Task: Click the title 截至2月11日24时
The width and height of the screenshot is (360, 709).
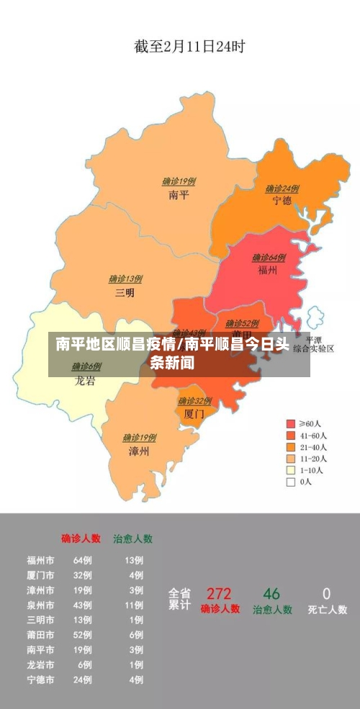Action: tap(189, 47)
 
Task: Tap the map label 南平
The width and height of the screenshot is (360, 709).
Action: tap(179, 195)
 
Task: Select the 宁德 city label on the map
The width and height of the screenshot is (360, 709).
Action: tap(282, 201)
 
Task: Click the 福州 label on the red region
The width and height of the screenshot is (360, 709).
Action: tap(268, 270)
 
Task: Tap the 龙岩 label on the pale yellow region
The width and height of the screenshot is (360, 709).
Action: tap(85, 381)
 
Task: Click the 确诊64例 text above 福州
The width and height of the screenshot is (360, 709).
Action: tap(269, 258)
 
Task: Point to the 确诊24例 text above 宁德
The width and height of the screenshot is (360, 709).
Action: tap(282, 189)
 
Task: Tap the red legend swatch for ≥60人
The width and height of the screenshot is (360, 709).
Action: tap(291, 424)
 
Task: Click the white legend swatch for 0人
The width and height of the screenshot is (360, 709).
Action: tap(291, 482)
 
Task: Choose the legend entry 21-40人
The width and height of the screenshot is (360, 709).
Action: tap(313, 447)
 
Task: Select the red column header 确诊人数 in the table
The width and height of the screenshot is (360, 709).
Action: tap(81, 538)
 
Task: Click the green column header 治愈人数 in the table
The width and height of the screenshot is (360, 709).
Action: tap(132, 538)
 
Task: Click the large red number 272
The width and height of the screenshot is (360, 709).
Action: tap(219, 594)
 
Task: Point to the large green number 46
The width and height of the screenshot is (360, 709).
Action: tap(271, 594)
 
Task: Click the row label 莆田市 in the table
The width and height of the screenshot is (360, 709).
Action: tap(40, 636)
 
